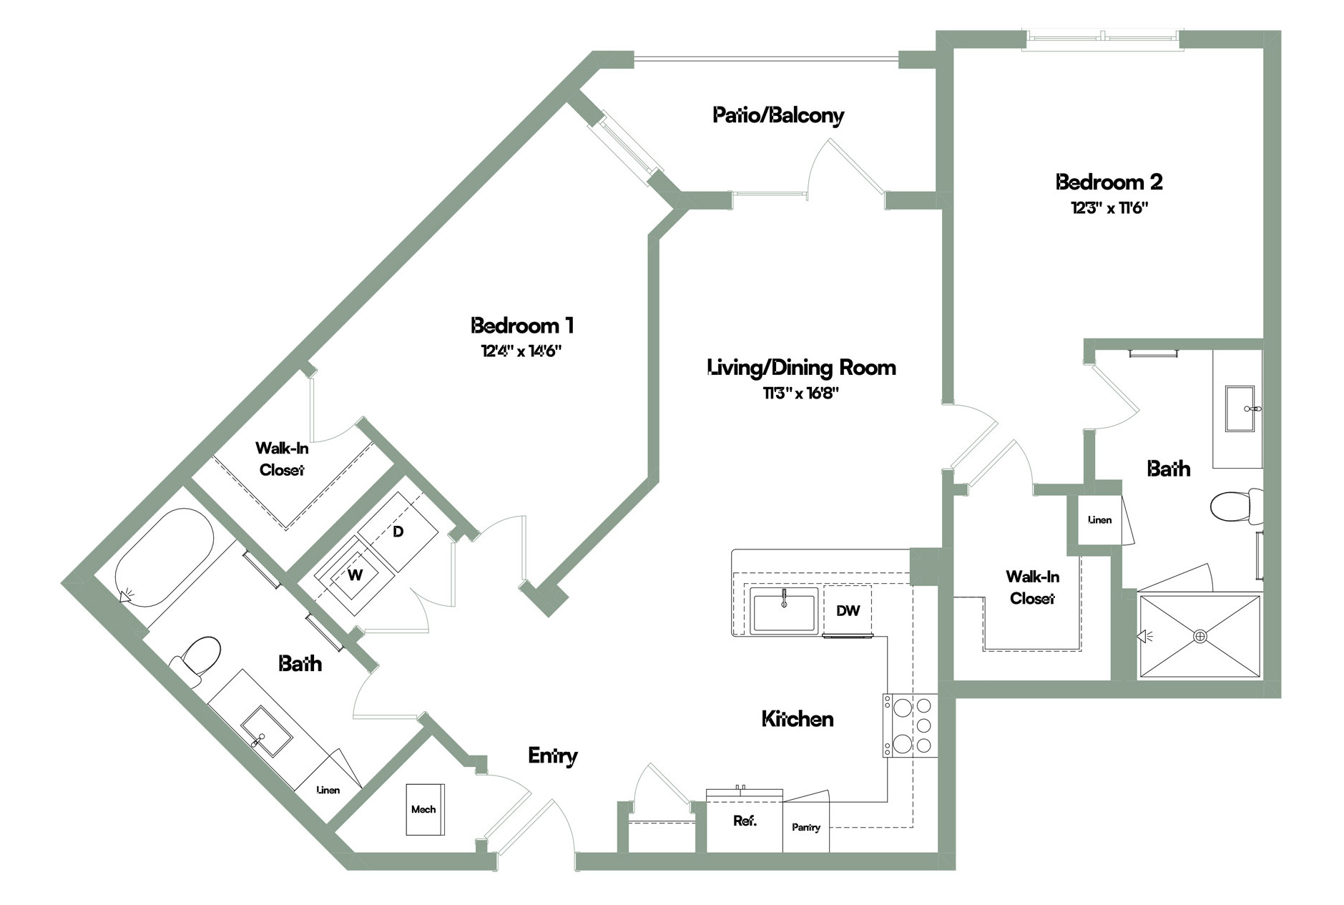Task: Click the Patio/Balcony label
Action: tap(778, 115)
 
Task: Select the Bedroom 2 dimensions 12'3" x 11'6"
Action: tap(1109, 208)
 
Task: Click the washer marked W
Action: tap(355, 574)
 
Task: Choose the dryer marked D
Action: tap(398, 532)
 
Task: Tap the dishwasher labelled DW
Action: tap(848, 610)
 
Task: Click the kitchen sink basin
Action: tap(784, 612)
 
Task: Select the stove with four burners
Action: tap(910, 725)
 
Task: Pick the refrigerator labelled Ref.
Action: tap(745, 821)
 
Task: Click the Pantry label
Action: tap(806, 828)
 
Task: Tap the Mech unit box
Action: tap(425, 809)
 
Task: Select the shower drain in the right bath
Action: tap(1200, 635)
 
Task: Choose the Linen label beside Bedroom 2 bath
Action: tap(1100, 520)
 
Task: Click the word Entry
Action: tap(553, 755)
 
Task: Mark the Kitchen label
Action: tap(798, 718)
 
